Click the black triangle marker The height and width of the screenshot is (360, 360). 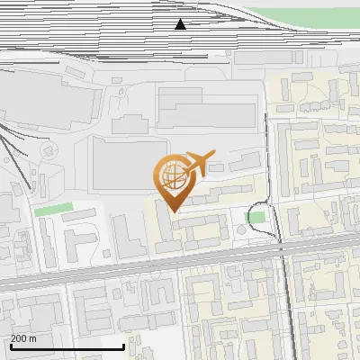(x=181, y=24)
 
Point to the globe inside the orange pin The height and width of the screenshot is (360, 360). (x=172, y=173)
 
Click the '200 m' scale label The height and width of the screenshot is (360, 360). (x=24, y=338)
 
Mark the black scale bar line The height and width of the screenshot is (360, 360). (x=67, y=347)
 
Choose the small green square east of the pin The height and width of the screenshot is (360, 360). (x=256, y=217)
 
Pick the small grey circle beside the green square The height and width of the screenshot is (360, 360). (x=241, y=231)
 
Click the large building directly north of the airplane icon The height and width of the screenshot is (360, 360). (x=207, y=106)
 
